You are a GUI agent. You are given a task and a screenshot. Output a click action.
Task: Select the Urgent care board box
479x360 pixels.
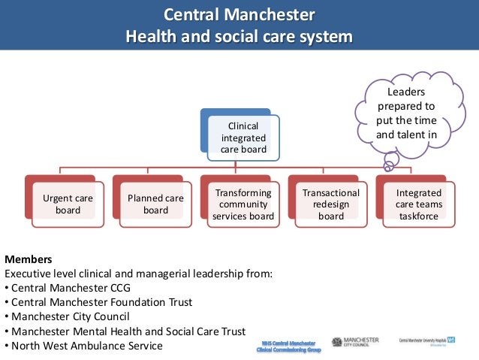tap(68, 204)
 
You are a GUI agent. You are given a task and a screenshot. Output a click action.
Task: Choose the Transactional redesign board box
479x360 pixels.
tap(330, 204)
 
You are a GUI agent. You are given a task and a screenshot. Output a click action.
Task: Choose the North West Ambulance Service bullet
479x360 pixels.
tap(85, 346)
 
